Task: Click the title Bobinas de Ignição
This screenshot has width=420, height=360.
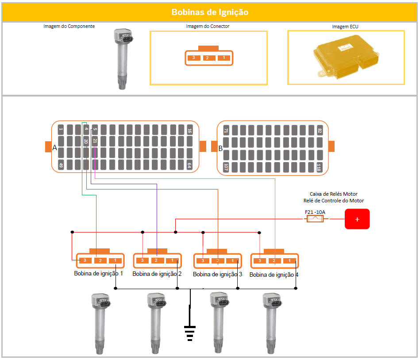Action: pos(210,12)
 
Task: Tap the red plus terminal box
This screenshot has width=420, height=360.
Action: pos(357,219)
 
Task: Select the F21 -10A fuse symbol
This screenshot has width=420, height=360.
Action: pos(315,219)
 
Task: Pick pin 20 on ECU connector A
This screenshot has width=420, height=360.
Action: pos(86,142)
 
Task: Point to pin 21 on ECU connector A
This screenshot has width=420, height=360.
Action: pos(95,142)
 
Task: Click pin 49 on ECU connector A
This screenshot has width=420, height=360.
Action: pos(61,166)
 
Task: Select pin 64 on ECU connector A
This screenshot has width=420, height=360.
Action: pos(189,166)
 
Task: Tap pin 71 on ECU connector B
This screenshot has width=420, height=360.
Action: pos(226,131)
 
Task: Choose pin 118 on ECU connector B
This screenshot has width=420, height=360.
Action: pos(319,167)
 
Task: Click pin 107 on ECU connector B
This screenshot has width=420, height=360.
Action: pos(226,167)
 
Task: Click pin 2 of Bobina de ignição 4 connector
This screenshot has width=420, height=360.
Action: pos(274,261)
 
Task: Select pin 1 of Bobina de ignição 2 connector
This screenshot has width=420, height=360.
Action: pos(173,260)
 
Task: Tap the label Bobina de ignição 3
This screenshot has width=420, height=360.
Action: pos(217,275)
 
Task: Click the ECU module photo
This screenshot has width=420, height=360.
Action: pos(346,58)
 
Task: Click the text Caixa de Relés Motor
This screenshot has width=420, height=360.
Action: pos(333,194)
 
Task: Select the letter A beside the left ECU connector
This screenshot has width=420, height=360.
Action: pos(55,148)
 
